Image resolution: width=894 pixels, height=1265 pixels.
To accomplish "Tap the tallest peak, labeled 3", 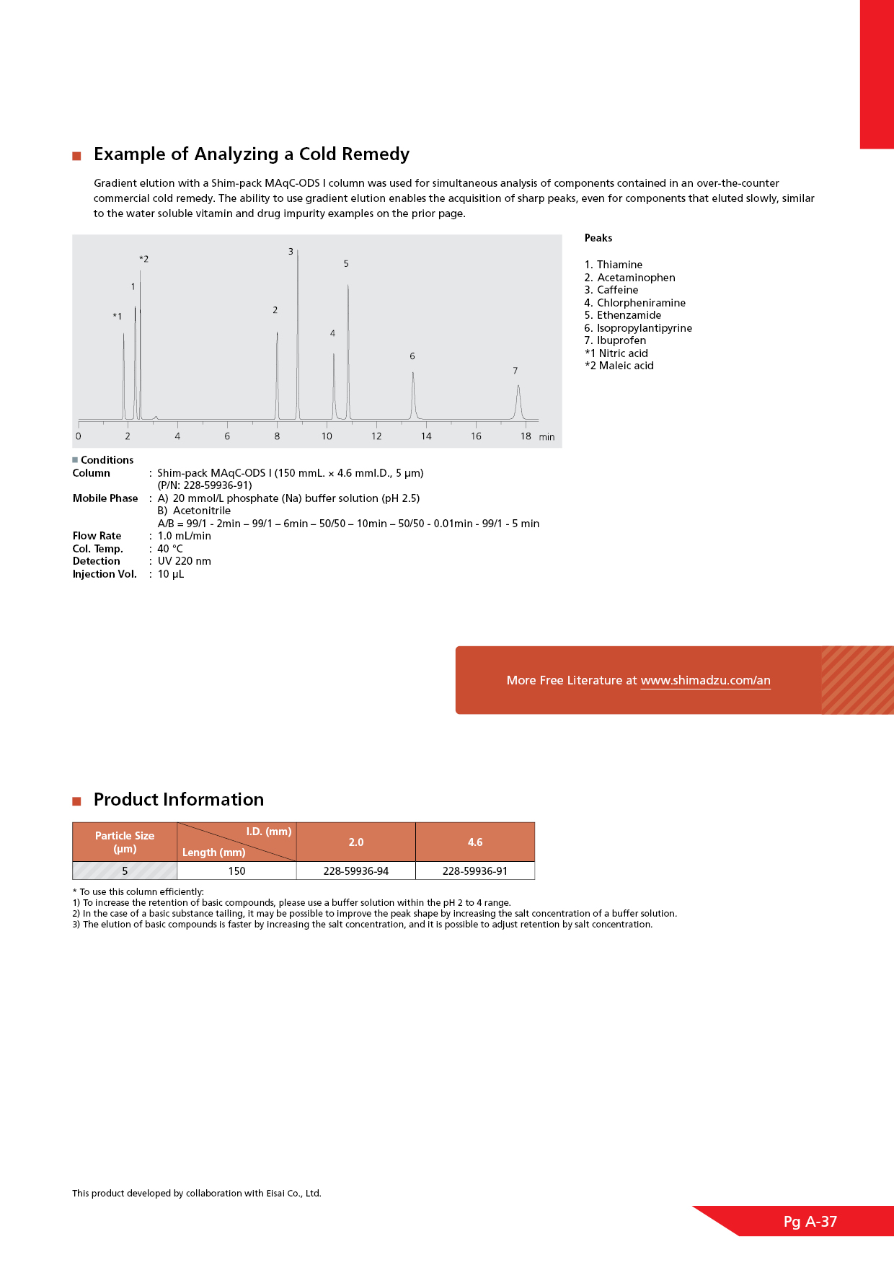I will tap(298, 332).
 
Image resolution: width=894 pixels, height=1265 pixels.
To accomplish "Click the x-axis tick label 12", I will tap(376, 436).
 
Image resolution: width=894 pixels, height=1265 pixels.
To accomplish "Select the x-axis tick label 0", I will tap(79, 436).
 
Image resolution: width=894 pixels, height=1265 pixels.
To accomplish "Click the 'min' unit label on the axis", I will tap(547, 437).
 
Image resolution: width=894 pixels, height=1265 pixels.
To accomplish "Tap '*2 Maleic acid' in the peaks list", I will tap(619, 366).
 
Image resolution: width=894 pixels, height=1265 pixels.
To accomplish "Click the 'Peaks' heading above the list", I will tap(598, 238).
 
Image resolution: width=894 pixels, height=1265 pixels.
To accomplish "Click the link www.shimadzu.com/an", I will tap(705, 680).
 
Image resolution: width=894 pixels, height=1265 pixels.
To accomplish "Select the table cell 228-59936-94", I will tap(356, 871).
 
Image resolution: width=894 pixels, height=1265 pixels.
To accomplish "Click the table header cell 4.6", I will tap(475, 842).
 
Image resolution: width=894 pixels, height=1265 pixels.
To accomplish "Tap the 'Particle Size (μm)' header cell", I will tap(125, 842).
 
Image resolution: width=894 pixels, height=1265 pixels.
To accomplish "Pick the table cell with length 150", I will tap(236, 871).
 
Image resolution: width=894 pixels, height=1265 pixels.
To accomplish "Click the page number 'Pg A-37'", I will tap(810, 1222).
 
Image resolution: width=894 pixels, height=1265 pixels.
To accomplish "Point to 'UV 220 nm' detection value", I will tap(185, 561).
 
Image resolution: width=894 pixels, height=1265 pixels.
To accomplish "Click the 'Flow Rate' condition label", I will tap(97, 536).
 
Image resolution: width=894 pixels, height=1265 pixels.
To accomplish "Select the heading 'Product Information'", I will tap(179, 800).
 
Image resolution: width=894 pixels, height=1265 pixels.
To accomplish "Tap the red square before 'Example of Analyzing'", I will tap(76, 156).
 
